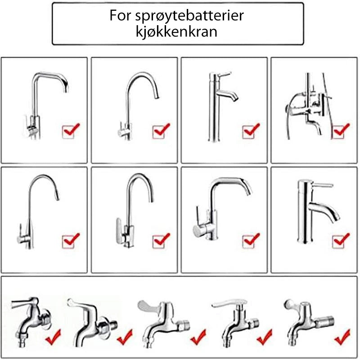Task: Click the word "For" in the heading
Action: click(120, 16)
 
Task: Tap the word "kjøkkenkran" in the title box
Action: click(176, 31)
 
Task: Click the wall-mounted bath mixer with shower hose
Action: click(308, 106)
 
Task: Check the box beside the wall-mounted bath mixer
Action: click(338, 132)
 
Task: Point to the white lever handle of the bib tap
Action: click(229, 303)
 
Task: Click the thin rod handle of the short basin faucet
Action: click(323, 185)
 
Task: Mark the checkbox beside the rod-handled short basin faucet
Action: click(338, 242)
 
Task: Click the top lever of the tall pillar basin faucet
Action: click(223, 75)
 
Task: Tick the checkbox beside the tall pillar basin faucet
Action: click(249, 132)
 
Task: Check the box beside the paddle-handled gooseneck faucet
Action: click(159, 242)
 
